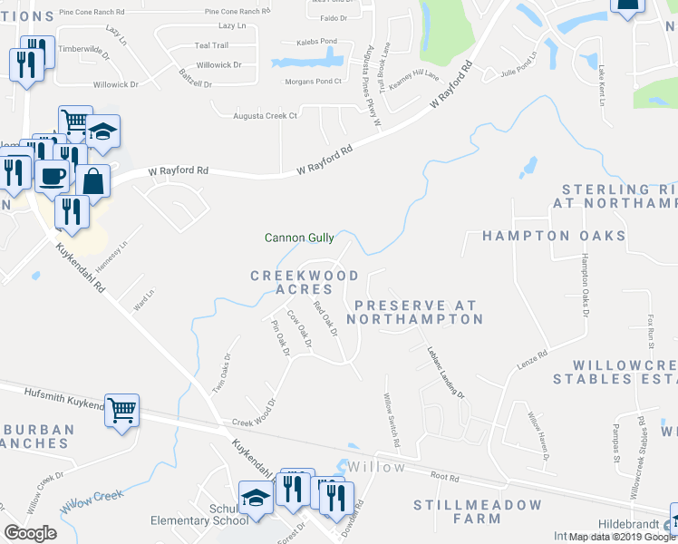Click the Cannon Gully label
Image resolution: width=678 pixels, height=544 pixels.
(299, 238)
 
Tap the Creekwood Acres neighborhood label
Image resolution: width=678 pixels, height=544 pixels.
(305, 282)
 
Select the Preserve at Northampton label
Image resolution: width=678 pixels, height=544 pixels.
(415, 313)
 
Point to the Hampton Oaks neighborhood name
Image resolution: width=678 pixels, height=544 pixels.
(553, 236)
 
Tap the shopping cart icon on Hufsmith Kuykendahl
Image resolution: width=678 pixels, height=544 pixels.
(121, 411)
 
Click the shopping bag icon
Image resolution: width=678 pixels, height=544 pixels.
(93, 181)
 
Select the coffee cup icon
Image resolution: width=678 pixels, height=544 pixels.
(53, 175)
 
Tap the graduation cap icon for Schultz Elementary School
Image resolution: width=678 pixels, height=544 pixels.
(254, 496)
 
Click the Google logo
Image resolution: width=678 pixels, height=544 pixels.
(30, 533)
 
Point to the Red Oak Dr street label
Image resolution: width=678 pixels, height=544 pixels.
(324, 318)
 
